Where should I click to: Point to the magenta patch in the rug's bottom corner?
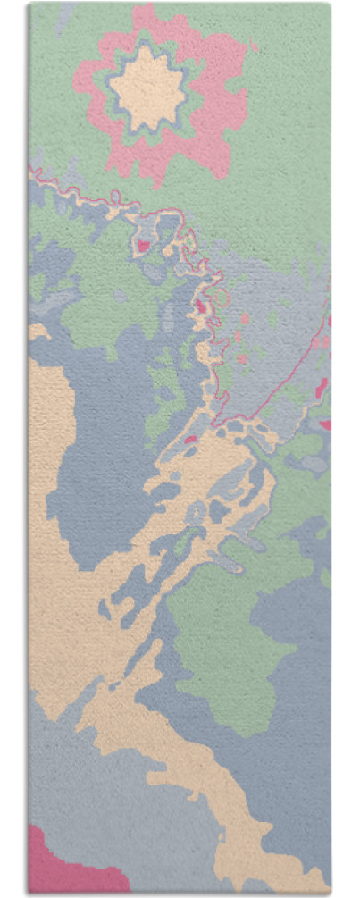tap(54, 862)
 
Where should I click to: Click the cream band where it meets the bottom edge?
tap(268, 880)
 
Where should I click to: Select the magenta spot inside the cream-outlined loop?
tap(142, 243)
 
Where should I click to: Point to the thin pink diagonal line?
tap(286, 375)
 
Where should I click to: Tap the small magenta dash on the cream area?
tap(189, 439)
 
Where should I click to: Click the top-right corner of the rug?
tap(330, 4)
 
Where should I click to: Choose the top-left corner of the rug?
tap(29, 4)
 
